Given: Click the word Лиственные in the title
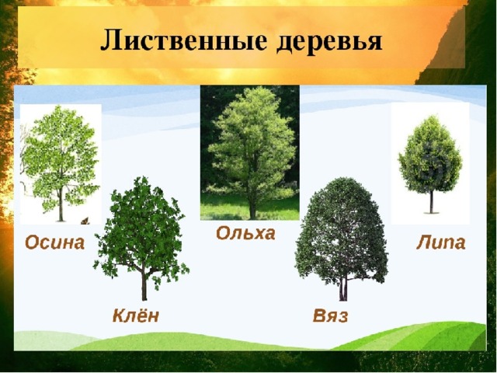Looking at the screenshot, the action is coord(183,40).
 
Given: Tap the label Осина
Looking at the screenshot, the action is coord(55,242).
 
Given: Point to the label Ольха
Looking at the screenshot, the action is coord(245,233).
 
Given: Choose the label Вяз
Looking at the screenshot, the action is coord(330,315).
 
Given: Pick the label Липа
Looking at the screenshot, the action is coord(441,242).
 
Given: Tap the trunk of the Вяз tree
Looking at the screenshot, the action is coord(343,288).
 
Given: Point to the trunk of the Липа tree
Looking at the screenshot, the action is coord(431,202).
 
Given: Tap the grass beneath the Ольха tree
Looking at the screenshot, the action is coord(250,207).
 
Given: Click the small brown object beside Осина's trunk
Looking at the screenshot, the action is coord(85,221).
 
